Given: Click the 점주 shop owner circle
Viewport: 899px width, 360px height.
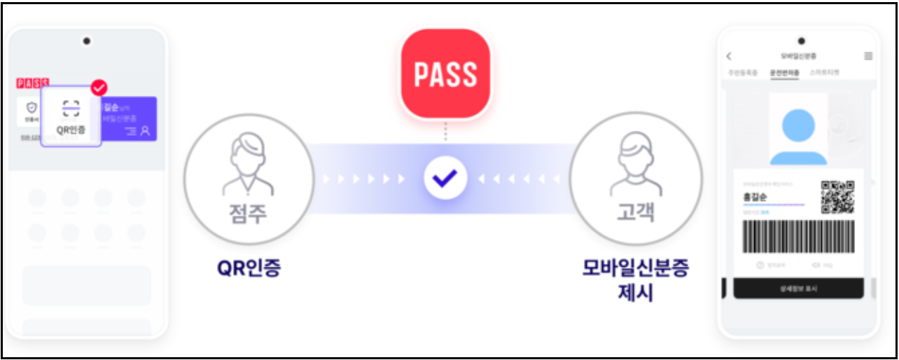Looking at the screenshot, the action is pos(248,179).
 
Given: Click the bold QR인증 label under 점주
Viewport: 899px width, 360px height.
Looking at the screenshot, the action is pos(248,268).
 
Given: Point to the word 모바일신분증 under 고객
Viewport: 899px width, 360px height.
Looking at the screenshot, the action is pos(635,270).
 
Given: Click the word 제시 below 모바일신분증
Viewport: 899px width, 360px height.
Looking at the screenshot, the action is pos(636,292).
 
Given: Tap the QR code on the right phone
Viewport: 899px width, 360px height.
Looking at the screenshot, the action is pos(837,197).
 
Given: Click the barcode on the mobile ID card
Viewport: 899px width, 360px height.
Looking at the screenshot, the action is pos(799,237).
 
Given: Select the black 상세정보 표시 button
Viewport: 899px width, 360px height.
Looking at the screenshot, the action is pos(798,288).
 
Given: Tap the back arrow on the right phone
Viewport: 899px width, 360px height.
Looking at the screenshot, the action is pos(729,56).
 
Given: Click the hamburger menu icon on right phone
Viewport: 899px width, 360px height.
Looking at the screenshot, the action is pos(868,56).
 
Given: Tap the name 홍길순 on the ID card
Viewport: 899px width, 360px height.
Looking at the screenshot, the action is pos(755,197).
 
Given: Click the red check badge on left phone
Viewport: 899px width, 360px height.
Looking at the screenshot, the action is pos(99,88).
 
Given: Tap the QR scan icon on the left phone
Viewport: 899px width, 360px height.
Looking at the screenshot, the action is pos(71,109).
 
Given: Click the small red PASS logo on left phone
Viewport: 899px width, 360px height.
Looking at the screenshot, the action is pos(32,83).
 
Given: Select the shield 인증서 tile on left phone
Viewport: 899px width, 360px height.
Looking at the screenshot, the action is pos(31,111).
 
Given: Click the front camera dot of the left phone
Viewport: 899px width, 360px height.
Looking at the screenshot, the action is pos(86,41).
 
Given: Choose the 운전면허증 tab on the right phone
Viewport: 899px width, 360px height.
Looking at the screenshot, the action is pos(784,72).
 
